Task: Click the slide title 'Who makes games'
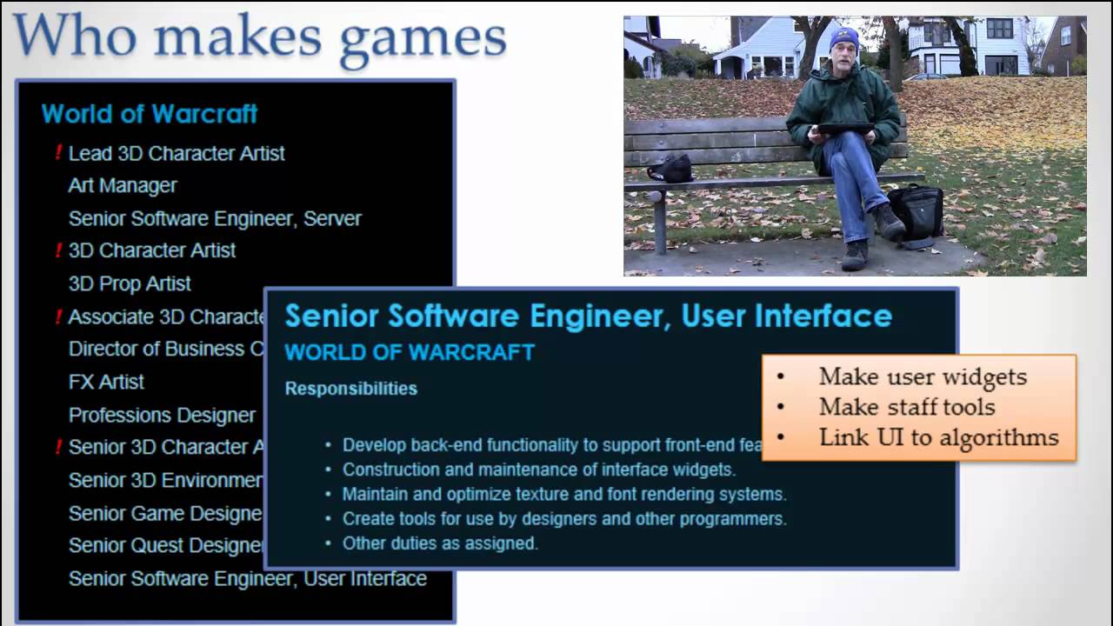coord(259,38)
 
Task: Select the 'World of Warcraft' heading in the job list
coord(150,114)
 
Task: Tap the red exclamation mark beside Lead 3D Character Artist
coord(58,153)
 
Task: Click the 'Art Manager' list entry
coord(123,186)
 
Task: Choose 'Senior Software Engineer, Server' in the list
coord(215,219)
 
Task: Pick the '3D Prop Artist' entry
coord(130,284)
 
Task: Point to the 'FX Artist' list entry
coord(106,383)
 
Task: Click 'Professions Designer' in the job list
coord(162,416)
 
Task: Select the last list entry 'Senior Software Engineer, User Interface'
coord(247,579)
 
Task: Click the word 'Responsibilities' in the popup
coord(350,389)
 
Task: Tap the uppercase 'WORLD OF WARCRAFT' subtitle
coord(410,352)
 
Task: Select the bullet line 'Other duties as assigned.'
coord(440,543)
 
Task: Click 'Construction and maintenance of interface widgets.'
coord(539,469)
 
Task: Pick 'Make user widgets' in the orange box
coord(923,376)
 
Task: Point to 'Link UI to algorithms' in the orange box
coord(938,437)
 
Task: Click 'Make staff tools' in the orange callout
coord(907,407)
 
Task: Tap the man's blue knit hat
coord(843,39)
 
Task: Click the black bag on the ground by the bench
coord(916,211)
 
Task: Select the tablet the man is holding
coord(844,129)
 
